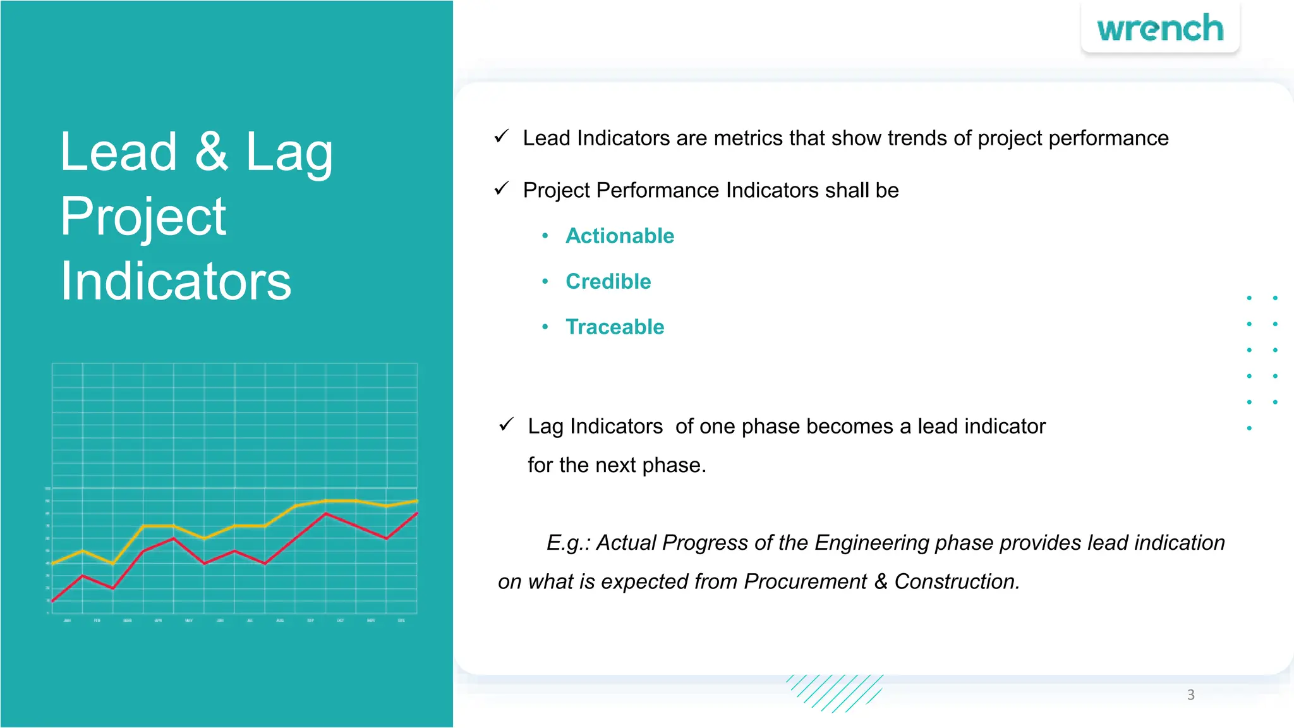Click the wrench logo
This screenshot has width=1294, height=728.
[x=1160, y=29]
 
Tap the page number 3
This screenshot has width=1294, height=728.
[x=1190, y=695]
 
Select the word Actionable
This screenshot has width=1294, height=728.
[x=620, y=236]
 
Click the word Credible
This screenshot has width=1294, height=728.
[x=608, y=281]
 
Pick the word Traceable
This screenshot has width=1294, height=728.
[x=615, y=327]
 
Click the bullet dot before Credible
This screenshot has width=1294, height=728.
[x=545, y=281]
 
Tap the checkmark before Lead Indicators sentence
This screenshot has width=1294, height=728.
[x=502, y=136]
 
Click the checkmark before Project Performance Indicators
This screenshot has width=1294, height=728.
[x=502, y=188]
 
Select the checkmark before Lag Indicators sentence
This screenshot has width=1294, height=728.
[x=506, y=425]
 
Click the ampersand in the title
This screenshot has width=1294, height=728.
[x=211, y=152]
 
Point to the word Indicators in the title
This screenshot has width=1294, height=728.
[x=176, y=281]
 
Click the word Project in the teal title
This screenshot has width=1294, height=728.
[x=143, y=217]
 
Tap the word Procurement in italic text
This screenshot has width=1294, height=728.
[x=805, y=581]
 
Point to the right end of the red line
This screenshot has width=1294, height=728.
[x=417, y=514]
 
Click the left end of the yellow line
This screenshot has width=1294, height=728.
[x=53, y=563]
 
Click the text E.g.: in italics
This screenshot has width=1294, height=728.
[x=568, y=543]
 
